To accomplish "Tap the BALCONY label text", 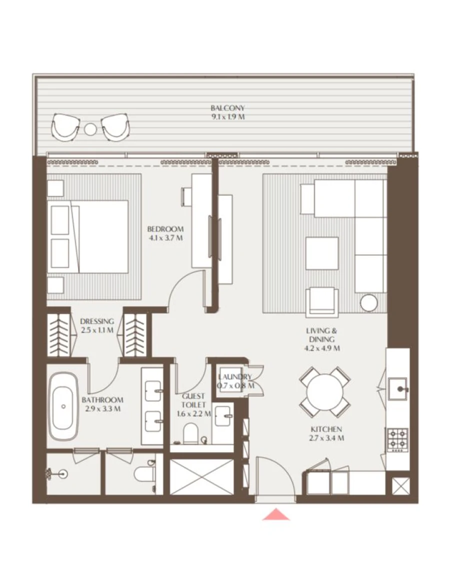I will (x=227, y=108).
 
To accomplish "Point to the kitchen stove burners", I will (x=397, y=440).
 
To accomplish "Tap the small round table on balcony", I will (x=90, y=129).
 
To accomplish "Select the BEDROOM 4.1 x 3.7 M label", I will (x=165, y=233).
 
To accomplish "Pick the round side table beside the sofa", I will (x=369, y=303).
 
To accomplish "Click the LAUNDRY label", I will (x=234, y=377).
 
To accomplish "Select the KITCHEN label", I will (x=326, y=429).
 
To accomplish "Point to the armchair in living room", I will (x=323, y=301).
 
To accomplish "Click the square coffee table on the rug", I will (x=322, y=253).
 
